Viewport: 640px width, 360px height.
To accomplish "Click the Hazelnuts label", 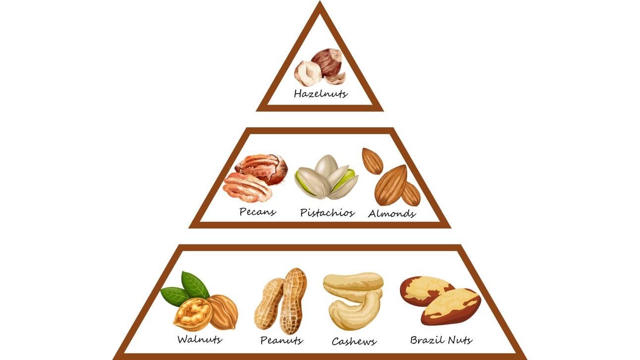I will point(320,93).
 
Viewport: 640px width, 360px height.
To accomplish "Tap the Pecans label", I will point(258,212).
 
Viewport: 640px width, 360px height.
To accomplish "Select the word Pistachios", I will point(327,213).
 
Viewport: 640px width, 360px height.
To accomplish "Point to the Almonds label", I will point(391,214).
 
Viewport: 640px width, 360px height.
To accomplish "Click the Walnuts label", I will point(200,340).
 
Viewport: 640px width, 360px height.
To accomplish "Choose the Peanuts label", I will point(281,341).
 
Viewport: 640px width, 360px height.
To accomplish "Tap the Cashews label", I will point(354,341).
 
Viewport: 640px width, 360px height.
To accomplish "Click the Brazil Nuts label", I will point(441,340).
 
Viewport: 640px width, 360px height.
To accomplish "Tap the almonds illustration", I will point(391,181).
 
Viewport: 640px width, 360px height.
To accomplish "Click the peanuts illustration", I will point(281,301).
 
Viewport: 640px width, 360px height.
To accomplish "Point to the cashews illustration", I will point(353,299).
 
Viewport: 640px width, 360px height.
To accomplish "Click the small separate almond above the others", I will point(372,161).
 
